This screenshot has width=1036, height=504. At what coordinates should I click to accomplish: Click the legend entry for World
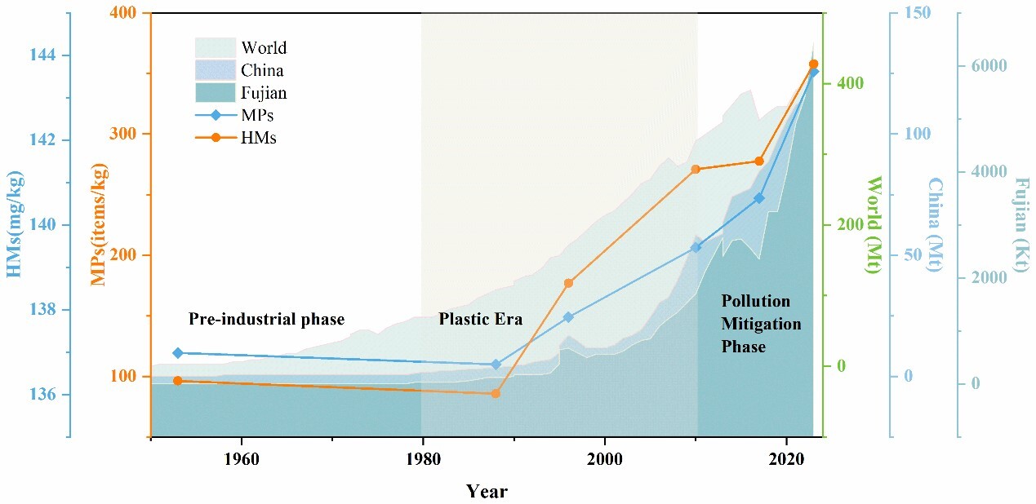pos(263,48)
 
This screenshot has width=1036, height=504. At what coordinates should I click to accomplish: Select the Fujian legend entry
pos(263,93)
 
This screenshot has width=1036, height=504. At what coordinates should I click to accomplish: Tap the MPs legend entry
pos(258,116)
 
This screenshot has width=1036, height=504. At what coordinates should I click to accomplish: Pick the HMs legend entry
pos(258,138)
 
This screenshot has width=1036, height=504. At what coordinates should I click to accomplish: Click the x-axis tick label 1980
pos(422,458)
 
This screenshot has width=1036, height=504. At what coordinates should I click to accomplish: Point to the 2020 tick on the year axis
pos(786,458)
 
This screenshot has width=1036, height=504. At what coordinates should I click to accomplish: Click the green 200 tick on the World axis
pos(847,225)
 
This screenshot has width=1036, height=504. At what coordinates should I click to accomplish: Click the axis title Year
pos(487,491)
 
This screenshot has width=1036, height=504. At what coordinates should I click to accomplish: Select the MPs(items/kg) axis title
pos(100,224)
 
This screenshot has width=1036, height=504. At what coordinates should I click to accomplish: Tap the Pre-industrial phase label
pos(266,319)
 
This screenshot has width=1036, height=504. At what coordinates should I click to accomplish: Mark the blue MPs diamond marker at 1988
pos(495,365)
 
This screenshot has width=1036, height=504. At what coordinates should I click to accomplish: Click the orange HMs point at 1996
pos(568,283)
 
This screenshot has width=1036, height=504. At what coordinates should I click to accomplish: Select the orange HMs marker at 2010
pos(696,170)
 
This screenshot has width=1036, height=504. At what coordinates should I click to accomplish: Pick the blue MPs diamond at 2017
pos(759,198)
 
